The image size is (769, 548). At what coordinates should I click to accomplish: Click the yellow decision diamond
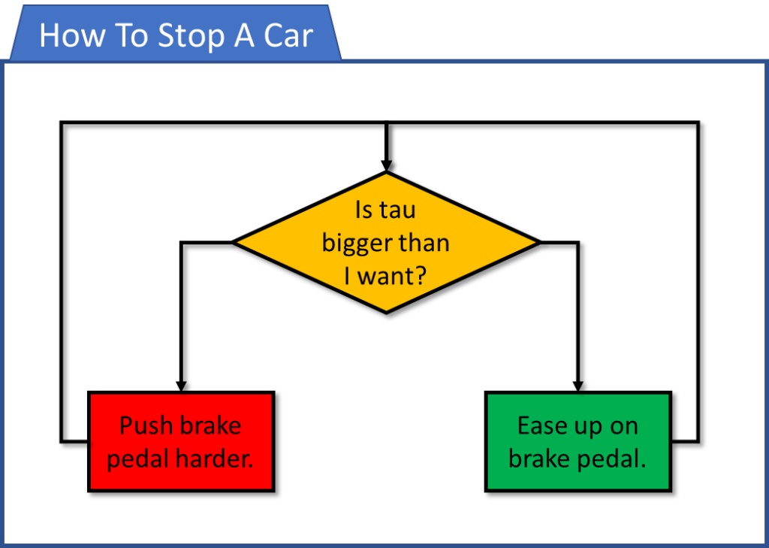pyautogui.click(x=387, y=242)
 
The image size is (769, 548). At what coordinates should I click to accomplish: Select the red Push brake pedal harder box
pyautogui.click(x=181, y=441)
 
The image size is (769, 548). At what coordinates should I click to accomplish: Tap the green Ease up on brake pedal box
pyautogui.click(x=578, y=441)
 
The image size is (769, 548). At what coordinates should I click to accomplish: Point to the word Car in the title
pyautogui.click(x=288, y=36)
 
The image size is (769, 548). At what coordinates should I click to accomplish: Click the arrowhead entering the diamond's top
pyautogui.click(x=387, y=165)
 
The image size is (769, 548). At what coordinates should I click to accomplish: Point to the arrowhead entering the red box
pyautogui.click(x=182, y=386)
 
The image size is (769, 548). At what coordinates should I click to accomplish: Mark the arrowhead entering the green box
pyautogui.click(x=578, y=386)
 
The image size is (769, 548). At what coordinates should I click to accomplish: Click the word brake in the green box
pyautogui.click(x=539, y=458)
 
